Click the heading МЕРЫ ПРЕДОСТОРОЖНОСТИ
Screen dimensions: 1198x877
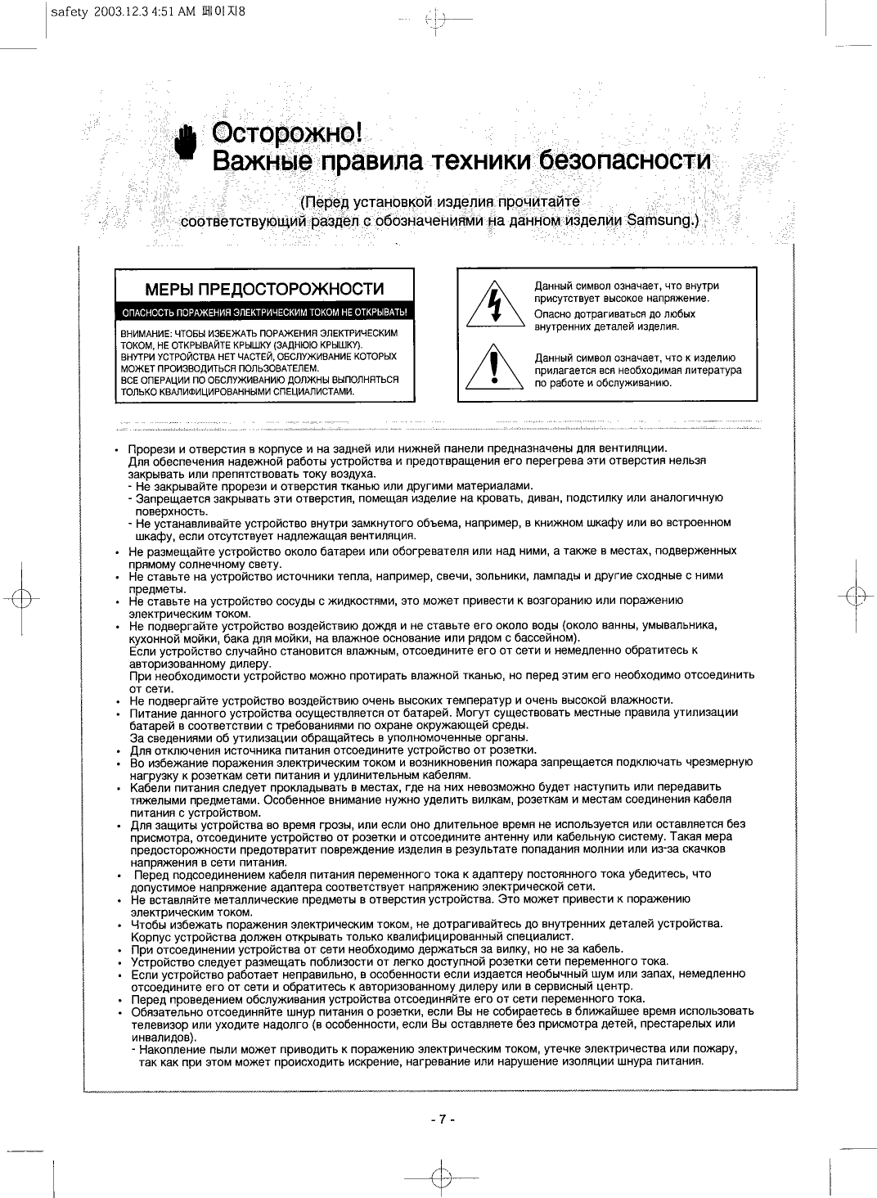[x=264, y=290]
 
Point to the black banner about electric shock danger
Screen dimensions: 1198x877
[x=264, y=312]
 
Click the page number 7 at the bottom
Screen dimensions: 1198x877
[x=441, y=1119]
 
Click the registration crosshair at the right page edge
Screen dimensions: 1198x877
[x=856, y=596]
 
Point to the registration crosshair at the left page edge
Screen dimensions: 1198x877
[x=21, y=597]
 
